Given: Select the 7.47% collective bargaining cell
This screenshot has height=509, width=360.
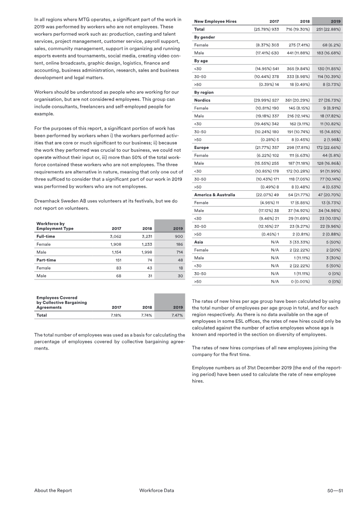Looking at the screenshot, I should [x=175, y=315].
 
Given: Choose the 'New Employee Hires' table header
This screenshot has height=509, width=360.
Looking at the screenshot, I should [x=215, y=22].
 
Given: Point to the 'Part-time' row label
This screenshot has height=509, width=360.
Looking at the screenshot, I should [x=46, y=260].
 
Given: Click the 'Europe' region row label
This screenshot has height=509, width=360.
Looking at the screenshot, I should [x=202, y=148].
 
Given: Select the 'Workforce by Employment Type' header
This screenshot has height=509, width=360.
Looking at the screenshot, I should [x=54, y=226].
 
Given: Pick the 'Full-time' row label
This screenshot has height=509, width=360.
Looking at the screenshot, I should [x=46, y=236].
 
